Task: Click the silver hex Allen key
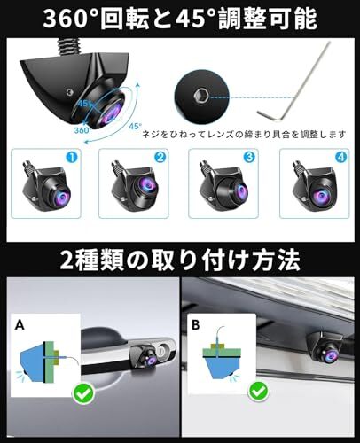pyautogui.click(x=285, y=97)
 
